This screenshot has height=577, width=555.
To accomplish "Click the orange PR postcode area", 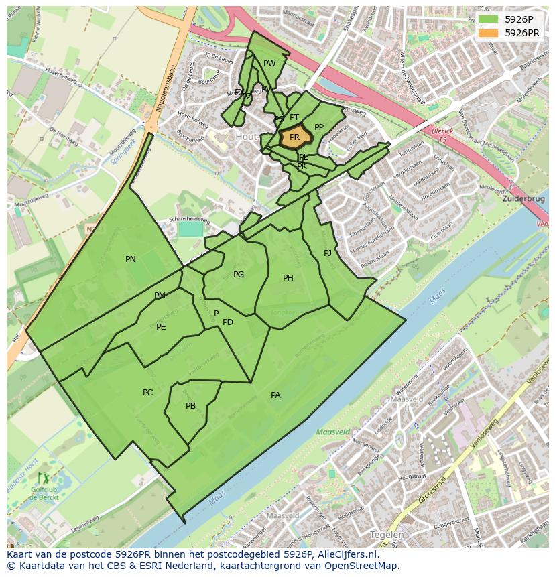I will coord(294,137).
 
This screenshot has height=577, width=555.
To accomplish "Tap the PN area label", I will coord(131,259).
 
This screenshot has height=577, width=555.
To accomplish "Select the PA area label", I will coord(275,395).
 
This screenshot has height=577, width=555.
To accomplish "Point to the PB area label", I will coord(190,406).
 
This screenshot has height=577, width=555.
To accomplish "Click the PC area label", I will coord(148,393).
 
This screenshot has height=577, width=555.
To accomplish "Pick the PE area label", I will coord(161,327).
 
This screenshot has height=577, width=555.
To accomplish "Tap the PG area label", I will coord(239,275).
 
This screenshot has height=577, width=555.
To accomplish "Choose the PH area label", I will coord(288,278).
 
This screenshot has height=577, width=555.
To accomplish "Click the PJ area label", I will coord(328,253).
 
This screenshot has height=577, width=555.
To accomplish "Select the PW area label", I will coord(269,64).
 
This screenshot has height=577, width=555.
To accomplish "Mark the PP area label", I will coord(319,127).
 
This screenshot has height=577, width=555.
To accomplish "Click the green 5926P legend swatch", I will coord(488,19).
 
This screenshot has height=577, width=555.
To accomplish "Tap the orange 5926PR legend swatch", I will coord(488,33).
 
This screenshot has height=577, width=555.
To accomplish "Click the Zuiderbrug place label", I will coord(523,200).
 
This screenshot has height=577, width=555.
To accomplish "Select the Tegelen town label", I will coord(387,535).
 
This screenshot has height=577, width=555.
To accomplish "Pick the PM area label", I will coord(160,296).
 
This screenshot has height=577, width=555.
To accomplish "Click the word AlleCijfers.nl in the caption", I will coord(347,554).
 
